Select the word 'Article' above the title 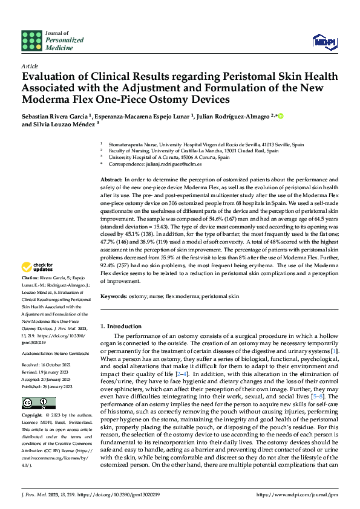(30, 65)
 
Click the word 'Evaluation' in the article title (51, 77)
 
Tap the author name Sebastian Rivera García (55, 116)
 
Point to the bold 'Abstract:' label (111, 180)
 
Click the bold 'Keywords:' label (113, 297)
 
